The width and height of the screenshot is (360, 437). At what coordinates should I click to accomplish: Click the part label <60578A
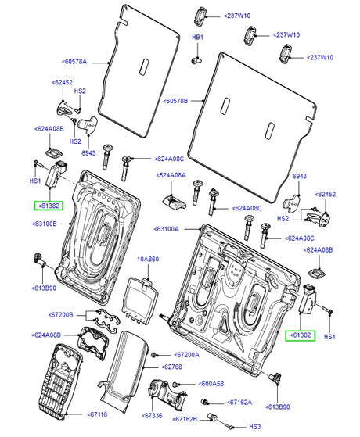(x=74, y=62)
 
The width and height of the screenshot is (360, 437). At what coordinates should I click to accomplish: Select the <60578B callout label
(x=175, y=101)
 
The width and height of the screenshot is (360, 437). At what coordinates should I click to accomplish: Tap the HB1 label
(x=197, y=37)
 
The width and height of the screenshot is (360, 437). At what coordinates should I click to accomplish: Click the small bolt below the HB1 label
(x=196, y=60)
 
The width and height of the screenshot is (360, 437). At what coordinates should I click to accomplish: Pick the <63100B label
(x=45, y=224)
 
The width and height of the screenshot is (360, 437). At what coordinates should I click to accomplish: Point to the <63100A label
(x=167, y=229)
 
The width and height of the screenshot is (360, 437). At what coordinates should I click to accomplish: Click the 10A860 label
(x=148, y=260)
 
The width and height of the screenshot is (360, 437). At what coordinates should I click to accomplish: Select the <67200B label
(x=61, y=315)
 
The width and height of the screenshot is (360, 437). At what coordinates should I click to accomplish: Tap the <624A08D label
(x=46, y=335)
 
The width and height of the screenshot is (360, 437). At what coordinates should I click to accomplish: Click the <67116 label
(x=97, y=414)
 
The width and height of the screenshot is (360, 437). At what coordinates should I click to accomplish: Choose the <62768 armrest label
(x=171, y=367)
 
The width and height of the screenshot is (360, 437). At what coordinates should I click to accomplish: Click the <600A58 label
(x=211, y=384)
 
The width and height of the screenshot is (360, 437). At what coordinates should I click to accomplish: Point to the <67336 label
(x=152, y=416)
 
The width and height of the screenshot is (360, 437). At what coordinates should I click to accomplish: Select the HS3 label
(x=255, y=427)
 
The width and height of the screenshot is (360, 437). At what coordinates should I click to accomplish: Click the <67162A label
(x=239, y=403)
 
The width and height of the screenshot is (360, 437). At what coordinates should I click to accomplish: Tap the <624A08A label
(x=171, y=175)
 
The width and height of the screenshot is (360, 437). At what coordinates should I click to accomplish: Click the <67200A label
(x=187, y=355)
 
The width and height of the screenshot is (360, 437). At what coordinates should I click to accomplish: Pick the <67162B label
(x=185, y=419)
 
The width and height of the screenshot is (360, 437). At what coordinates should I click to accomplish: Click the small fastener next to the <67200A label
(x=153, y=355)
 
